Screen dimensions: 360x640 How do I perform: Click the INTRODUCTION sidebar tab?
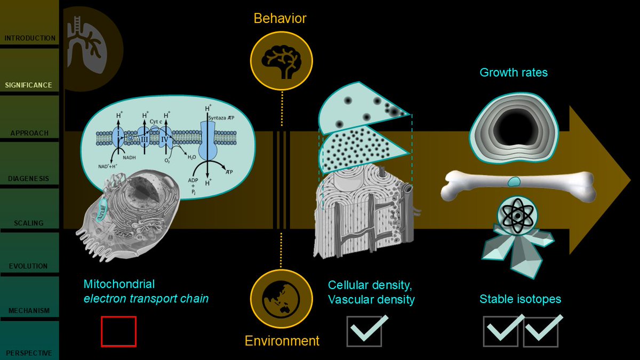[29, 38]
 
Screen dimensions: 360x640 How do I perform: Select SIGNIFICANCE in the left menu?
[29, 85]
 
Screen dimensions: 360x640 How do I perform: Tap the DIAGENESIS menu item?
[29, 179]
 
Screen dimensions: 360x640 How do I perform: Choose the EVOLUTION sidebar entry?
[29, 266]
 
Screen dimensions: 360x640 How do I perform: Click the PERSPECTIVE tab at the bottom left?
[29, 353]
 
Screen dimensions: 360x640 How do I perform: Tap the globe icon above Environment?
[281, 298]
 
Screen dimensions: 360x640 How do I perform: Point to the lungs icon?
[89, 45]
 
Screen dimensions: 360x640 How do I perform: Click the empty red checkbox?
[118, 331]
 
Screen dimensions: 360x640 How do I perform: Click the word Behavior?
[280, 19]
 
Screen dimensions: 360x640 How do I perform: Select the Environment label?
[282, 341]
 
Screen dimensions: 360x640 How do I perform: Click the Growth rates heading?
[514, 73]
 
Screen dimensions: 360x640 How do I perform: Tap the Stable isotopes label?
[520, 299]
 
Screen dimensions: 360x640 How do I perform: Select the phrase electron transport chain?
[146, 299]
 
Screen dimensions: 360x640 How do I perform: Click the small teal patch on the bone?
[514, 182]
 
